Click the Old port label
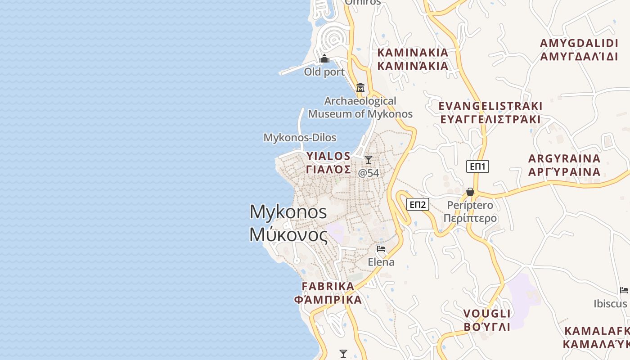point(324,72)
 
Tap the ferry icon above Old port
point(324,59)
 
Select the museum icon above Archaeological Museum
point(360,87)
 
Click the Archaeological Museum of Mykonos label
point(360,107)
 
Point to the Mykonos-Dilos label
point(300,138)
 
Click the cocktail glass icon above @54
point(369,159)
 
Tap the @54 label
point(369,172)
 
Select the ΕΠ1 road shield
point(477,166)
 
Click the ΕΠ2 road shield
point(418,205)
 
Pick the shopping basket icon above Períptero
point(470,192)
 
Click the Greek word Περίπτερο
point(470,218)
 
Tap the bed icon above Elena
point(381,249)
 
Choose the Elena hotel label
point(381,262)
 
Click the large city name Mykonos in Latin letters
point(288,211)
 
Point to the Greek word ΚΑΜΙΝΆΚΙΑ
point(413,66)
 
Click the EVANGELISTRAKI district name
point(490,106)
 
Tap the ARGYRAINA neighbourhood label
point(564,159)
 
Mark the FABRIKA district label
point(328,286)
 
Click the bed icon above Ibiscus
point(624,290)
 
